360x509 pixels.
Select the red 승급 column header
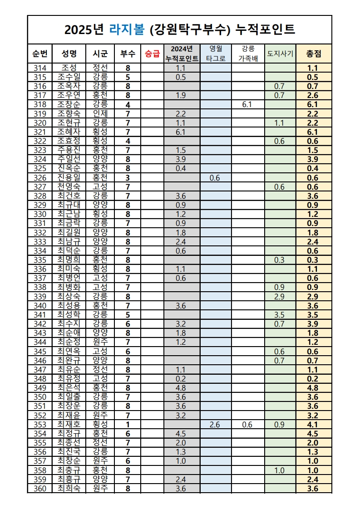click(152, 54)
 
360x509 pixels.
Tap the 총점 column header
click(313, 54)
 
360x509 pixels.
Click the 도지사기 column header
click(280, 54)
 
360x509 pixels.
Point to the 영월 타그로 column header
click(216, 54)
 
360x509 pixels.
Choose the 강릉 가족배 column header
click(248, 54)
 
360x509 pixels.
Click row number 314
click(40, 68)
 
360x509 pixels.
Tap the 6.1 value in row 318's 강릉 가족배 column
click(247, 104)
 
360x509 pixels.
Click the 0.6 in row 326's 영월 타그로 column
click(216, 178)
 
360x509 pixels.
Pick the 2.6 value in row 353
click(216, 425)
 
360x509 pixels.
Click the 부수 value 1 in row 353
click(128, 425)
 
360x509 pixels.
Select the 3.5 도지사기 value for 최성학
click(280, 315)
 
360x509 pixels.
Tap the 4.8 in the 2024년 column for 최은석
click(181, 388)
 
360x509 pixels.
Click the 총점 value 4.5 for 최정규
click(313, 434)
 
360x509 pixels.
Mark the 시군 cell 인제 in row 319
click(100, 113)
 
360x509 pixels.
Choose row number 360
click(40, 489)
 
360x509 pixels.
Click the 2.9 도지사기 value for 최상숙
click(280, 297)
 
